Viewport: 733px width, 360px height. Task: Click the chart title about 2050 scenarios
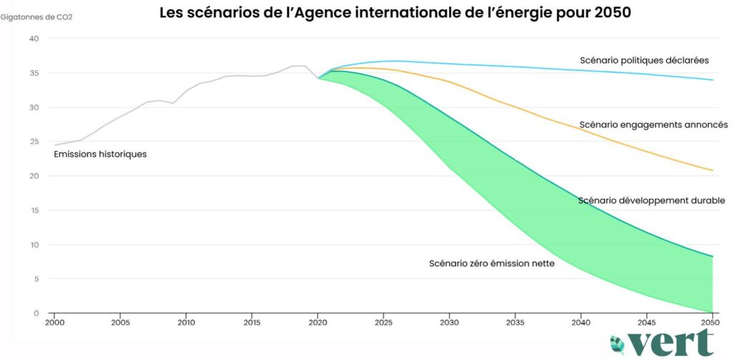394,13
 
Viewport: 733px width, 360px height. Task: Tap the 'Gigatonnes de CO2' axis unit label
37,16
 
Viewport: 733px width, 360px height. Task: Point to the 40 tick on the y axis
33,39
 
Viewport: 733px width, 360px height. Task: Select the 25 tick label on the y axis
33,142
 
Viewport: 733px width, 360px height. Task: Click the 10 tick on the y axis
33,245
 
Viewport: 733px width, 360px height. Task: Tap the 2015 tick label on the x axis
252,322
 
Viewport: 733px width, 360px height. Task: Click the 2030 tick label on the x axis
450,322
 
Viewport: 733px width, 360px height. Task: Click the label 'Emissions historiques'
100,154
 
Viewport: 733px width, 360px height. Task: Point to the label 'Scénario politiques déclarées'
644,60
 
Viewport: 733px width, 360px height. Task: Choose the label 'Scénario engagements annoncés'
654,125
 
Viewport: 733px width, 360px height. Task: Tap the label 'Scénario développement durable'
651,200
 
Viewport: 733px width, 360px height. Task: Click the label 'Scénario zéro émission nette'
492,263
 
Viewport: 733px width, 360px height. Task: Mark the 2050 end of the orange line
713,170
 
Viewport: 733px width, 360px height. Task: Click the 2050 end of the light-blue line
713,79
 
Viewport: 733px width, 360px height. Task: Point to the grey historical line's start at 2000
54,145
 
